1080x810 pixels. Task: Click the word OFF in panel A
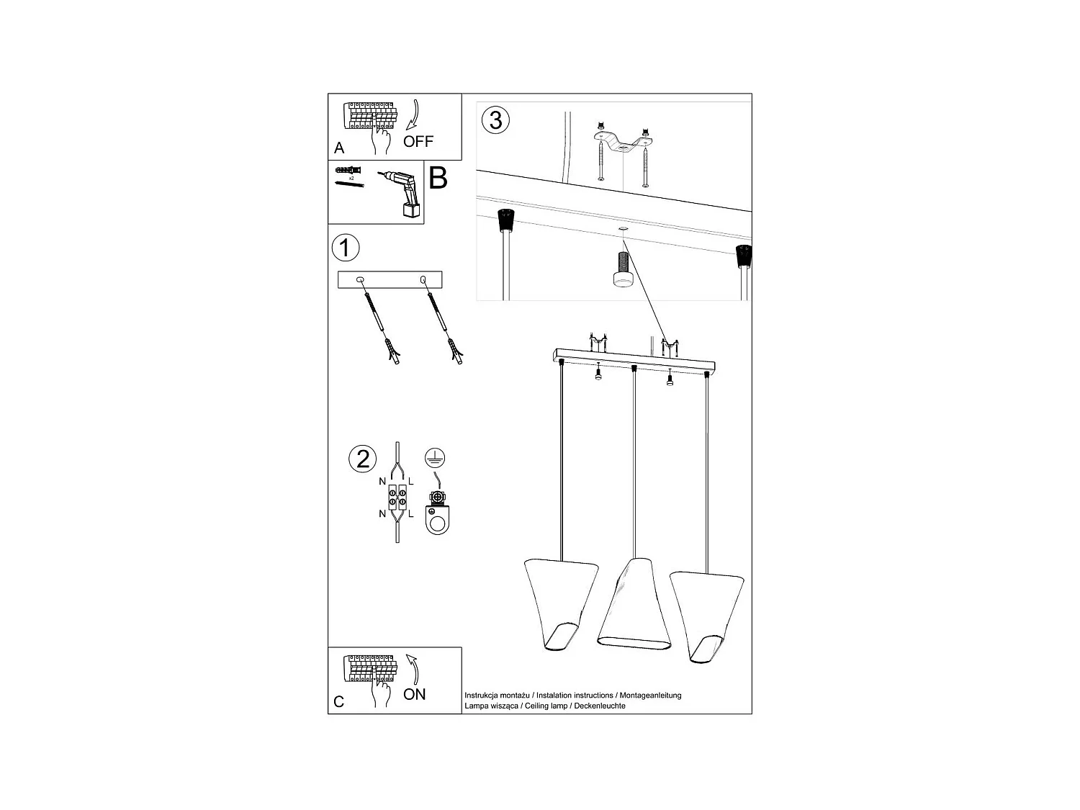tap(418, 142)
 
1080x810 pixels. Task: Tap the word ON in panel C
tap(414, 694)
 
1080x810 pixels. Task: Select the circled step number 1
tap(346, 248)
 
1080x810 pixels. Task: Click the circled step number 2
tap(363, 459)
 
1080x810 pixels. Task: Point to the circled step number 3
tap(495, 120)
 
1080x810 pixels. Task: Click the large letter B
tap(438, 178)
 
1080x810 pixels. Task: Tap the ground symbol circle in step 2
tap(435, 459)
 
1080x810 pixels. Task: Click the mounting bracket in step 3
tap(623, 143)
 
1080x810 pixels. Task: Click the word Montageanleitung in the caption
tap(650, 696)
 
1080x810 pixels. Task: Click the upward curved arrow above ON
tap(413, 670)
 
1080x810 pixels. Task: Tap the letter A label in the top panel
tap(339, 148)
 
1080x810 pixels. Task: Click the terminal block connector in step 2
tap(397, 498)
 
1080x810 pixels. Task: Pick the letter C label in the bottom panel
tap(338, 702)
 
